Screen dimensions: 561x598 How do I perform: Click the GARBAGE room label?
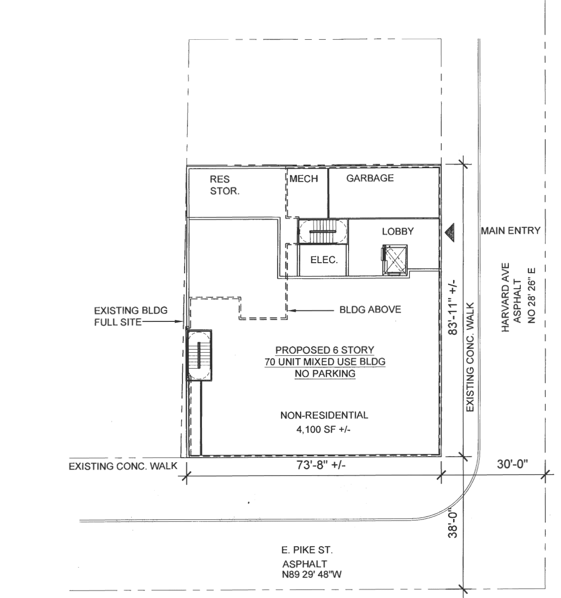click(x=370, y=178)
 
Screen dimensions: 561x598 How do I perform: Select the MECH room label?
click(x=303, y=179)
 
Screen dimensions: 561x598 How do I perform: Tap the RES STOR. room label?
click(x=225, y=185)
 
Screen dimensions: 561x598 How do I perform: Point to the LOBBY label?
click(x=398, y=231)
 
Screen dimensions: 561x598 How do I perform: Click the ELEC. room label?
click(x=324, y=260)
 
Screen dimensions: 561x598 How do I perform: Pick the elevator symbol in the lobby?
click(x=395, y=259)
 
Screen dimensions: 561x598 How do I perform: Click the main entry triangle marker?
click(x=450, y=232)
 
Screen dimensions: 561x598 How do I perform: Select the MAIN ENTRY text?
click(x=510, y=231)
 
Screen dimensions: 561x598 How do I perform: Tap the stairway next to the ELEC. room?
click(x=322, y=231)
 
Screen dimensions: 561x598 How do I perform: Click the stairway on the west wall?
click(x=199, y=355)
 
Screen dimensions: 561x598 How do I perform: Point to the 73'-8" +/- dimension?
click(x=321, y=465)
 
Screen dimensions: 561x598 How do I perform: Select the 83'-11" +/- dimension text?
click(x=453, y=307)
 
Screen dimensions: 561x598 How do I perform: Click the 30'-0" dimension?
click(x=512, y=464)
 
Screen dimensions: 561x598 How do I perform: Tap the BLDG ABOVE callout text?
click(x=370, y=309)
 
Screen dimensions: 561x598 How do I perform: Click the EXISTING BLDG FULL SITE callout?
click(x=131, y=316)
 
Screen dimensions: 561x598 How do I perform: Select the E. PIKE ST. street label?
click(x=307, y=550)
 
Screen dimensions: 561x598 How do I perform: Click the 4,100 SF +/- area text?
click(x=323, y=429)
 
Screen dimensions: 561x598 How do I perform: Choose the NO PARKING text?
click(x=325, y=373)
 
